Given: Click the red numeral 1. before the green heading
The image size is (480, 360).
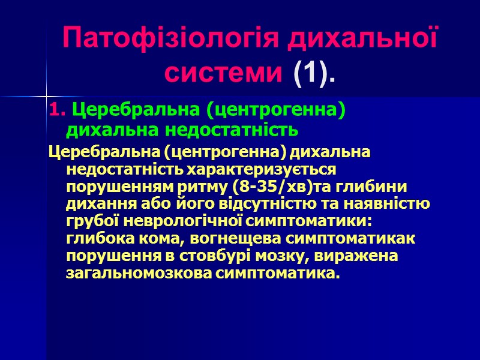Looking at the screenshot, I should point(55,111).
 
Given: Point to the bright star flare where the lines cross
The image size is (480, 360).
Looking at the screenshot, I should point(46,95).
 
